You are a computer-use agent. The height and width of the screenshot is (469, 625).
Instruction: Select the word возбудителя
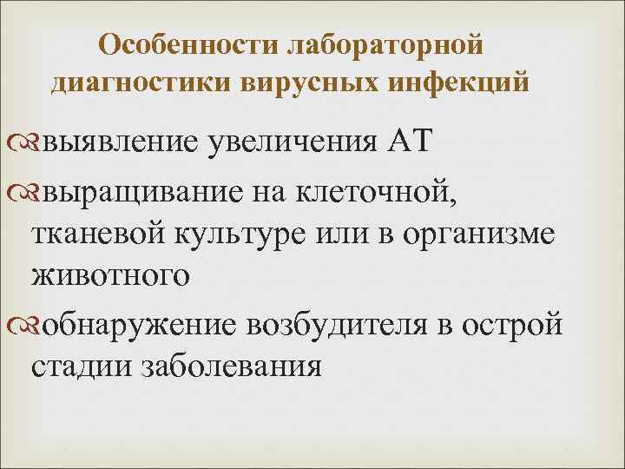click(346, 324)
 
